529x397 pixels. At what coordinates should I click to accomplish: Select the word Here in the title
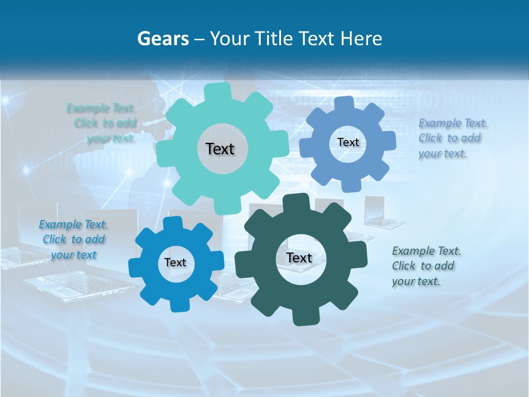pyautogui.click(x=361, y=39)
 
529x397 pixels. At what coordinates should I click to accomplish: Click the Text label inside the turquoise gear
pyautogui.click(x=220, y=149)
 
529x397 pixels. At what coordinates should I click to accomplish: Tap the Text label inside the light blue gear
pyautogui.click(x=348, y=142)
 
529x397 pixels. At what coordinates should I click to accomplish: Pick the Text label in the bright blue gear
pyautogui.click(x=175, y=263)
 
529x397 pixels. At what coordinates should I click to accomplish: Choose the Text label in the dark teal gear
pyautogui.click(x=299, y=257)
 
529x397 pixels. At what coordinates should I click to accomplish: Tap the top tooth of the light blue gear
pyautogui.click(x=343, y=103)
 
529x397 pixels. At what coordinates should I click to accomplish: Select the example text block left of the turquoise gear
pyautogui.click(x=102, y=123)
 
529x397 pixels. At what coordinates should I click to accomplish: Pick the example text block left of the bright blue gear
pyautogui.click(x=74, y=240)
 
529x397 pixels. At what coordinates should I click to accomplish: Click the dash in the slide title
pyautogui.click(x=200, y=39)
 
